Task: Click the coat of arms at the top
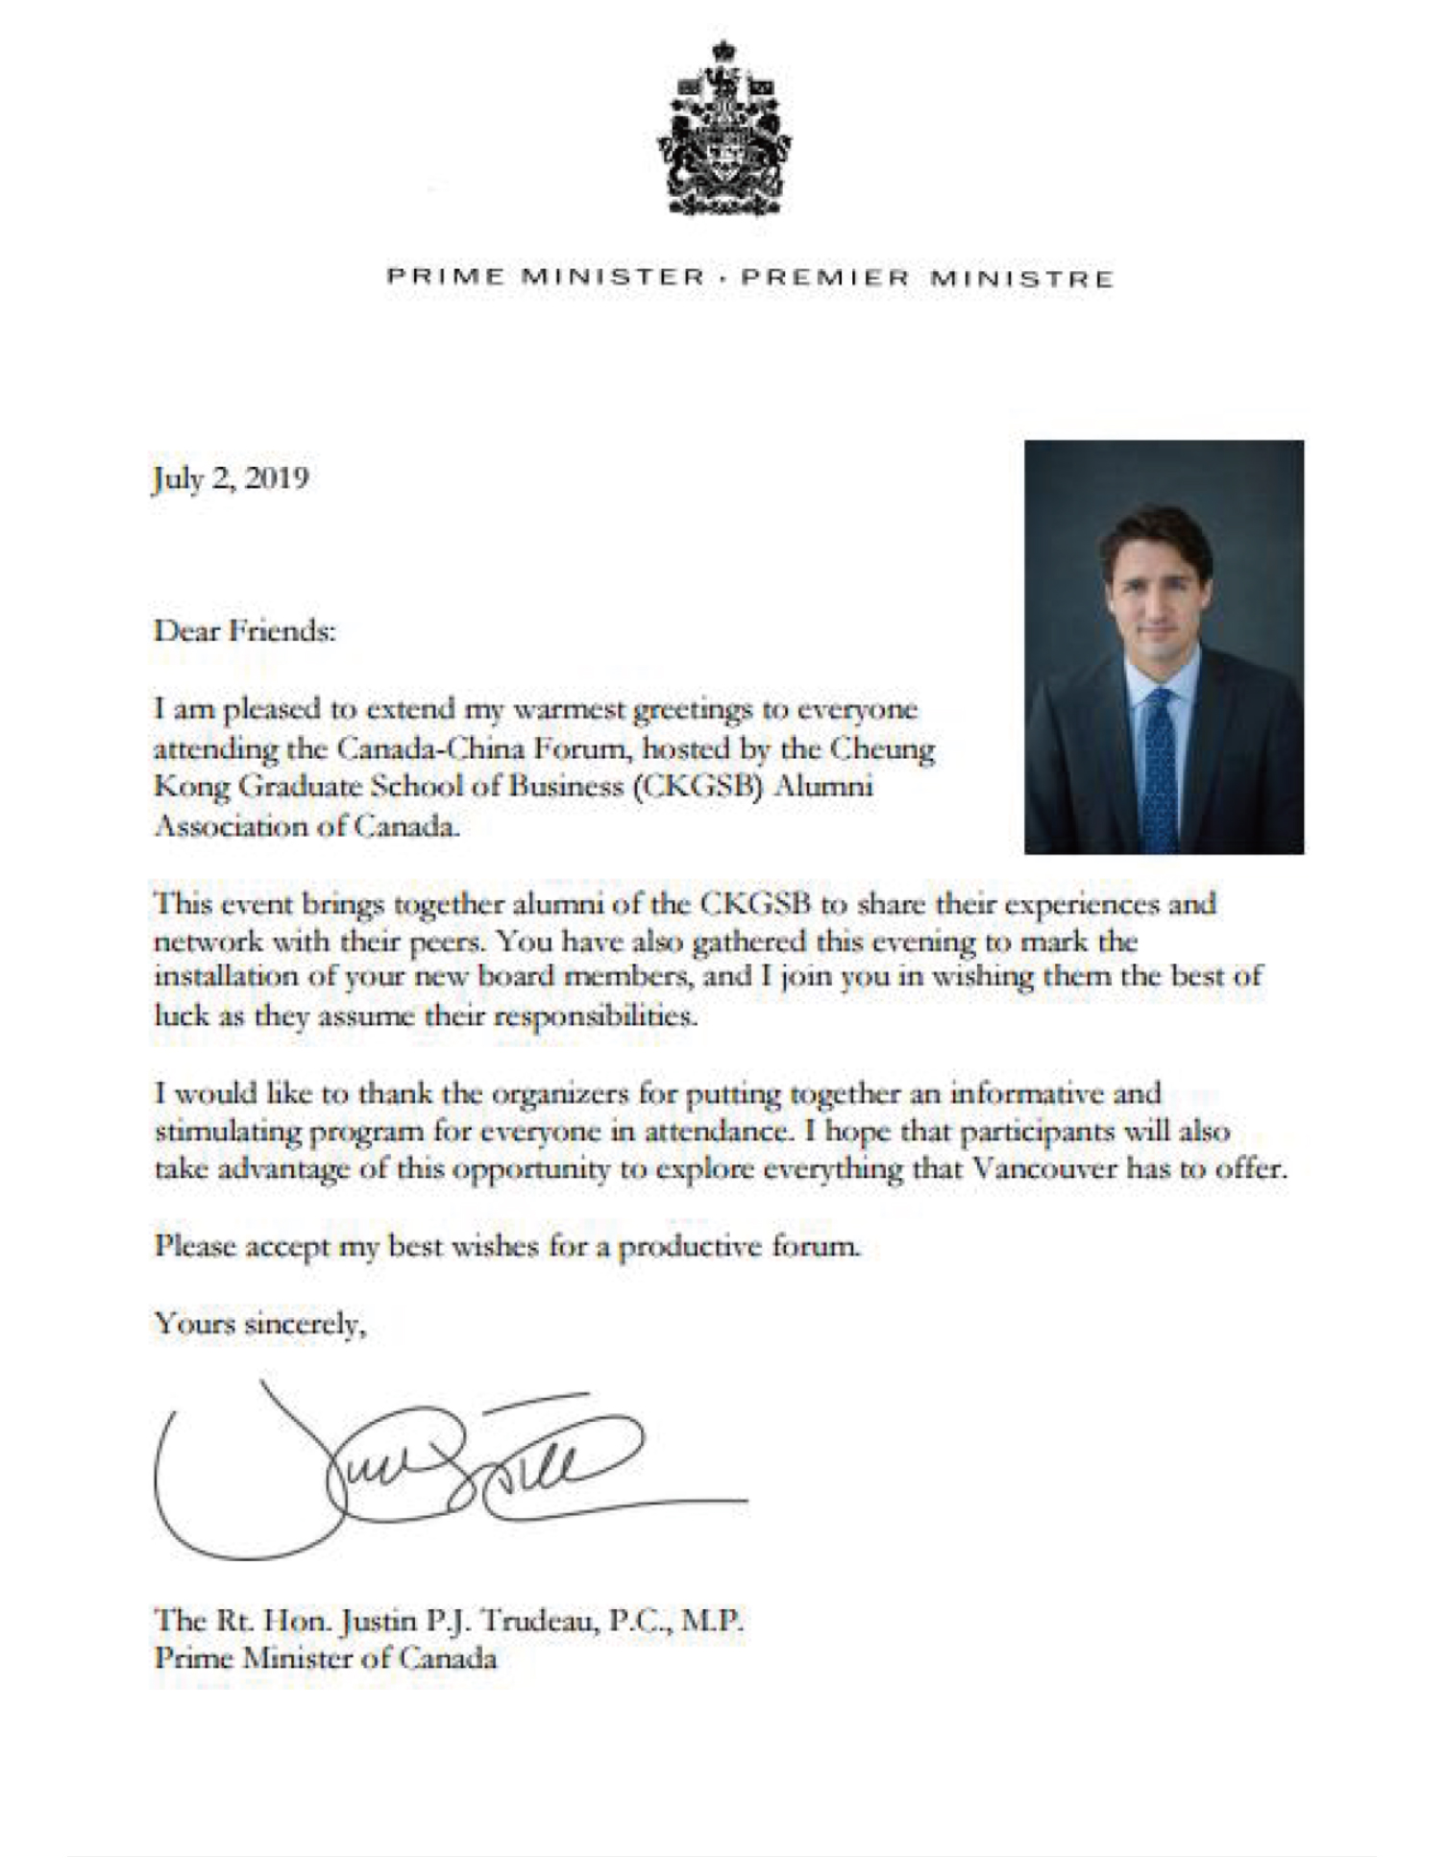(x=724, y=129)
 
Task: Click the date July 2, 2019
(x=231, y=478)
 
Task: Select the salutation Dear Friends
(x=245, y=631)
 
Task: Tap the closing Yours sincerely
(x=260, y=1324)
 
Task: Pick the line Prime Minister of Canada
(x=326, y=1659)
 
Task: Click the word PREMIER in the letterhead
(x=824, y=279)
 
